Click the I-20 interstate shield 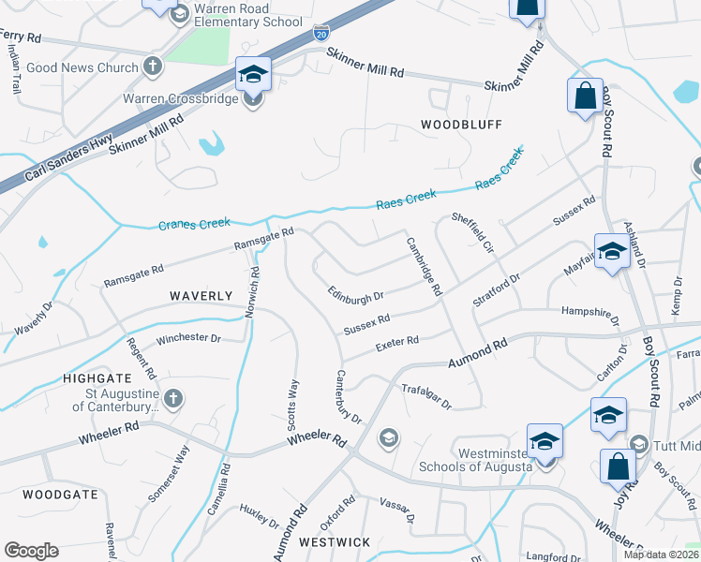coord(321,33)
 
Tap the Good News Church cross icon coord(153,67)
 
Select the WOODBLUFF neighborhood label coord(461,125)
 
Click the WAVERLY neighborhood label coord(201,296)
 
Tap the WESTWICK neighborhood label coord(335,542)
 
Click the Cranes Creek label coord(194,225)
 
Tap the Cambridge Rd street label coord(424,267)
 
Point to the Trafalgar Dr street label coord(426,397)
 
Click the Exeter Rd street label coord(396,344)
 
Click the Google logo coord(31,551)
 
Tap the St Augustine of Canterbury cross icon coord(171,400)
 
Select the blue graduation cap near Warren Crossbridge coord(253,73)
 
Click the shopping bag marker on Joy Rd coord(618,466)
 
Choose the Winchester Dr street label coord(188,338)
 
